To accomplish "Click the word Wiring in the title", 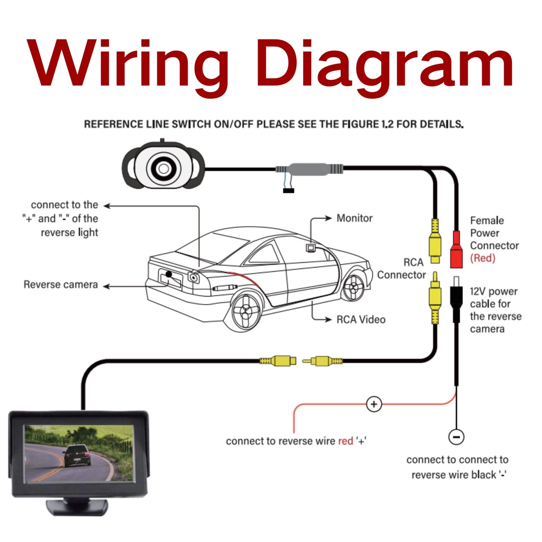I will pyautogui.click(x=128, y=64).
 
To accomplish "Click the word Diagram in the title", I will pyautogui.click(x=383, y=64).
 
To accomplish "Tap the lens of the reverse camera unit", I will pyautogui.click(x=163, y=168).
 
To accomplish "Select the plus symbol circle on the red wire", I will pyautogui.click(x=374, y=405).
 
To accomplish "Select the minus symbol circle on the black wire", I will pyautogui.click(x=456, y=437).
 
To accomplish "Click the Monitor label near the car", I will pyautogui.click(x=354, y=218).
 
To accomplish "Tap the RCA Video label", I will pyautogui.click(x=361, y=320).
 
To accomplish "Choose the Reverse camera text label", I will pyautogui.click(x=61, y=285).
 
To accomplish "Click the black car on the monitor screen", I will pyautogui.click(x=77, y=456).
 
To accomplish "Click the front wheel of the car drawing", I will pyautogui.click(x=353, y=287).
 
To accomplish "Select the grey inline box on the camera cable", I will pyautogui.click(x=309, y=169).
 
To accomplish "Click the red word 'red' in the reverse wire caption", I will pyautogui.click(x=345, y=441).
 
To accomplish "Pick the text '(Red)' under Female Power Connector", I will pyautogui.click(x=482, y=258).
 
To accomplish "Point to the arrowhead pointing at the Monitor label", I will pyautogui.click(x=329, y=218).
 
